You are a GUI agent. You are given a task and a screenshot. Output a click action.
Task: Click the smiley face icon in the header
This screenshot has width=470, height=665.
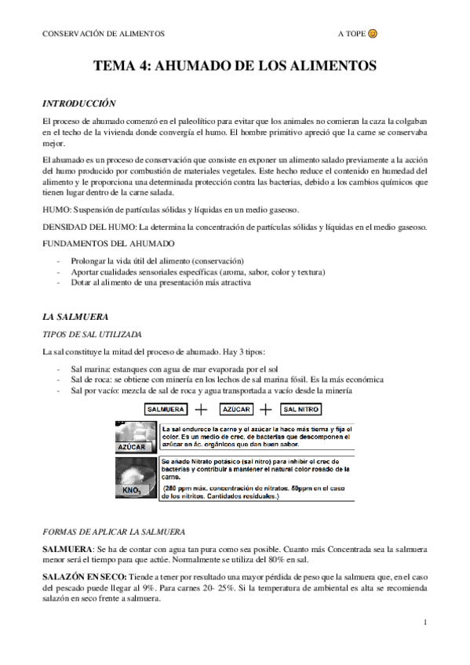point(373,35)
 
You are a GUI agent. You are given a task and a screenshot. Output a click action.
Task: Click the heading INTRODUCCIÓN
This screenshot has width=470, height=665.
point(79,103)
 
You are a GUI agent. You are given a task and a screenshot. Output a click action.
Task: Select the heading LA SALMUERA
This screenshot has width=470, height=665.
point(75,317)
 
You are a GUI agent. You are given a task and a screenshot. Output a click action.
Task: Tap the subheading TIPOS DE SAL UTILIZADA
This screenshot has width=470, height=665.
point(93,333)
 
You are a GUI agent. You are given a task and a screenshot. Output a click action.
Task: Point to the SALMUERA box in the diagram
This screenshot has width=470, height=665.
point(167,409)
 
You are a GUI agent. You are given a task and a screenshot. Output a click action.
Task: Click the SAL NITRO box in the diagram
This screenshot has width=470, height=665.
point(301,409)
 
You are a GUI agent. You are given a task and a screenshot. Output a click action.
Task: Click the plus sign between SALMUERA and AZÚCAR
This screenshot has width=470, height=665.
point(201,409)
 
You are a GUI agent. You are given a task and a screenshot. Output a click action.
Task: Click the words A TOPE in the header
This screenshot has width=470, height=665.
point(351,35)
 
